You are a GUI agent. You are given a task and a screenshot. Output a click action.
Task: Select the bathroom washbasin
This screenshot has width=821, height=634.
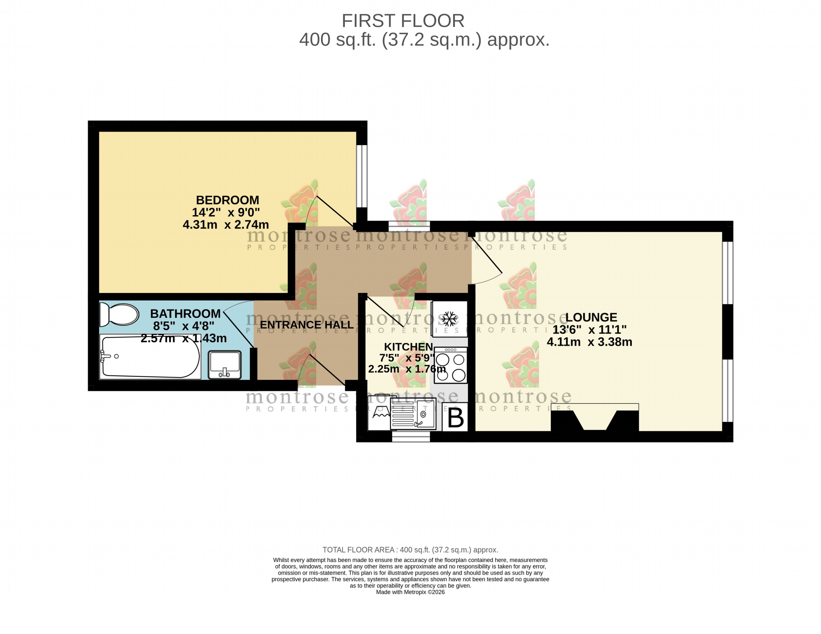[224, 364]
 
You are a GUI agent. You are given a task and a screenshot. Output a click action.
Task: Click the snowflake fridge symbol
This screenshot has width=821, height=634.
[449, 319]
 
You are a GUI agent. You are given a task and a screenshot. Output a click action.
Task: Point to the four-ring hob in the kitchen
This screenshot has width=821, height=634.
[450, 365]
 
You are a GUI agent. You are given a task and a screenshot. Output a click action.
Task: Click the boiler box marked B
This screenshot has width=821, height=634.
[455, 417]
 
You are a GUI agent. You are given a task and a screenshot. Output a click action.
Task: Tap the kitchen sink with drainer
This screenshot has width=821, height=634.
[413, 414]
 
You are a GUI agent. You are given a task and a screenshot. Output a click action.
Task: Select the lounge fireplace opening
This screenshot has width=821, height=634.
[595, 419]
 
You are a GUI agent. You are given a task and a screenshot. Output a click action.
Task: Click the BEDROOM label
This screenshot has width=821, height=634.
[228, 200]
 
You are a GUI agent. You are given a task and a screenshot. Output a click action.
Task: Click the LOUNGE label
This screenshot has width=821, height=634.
[591, 317]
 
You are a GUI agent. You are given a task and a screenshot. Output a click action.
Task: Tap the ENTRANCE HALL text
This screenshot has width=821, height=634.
[306, 325]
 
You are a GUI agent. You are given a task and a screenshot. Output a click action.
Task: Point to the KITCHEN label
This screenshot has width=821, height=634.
[408, 347]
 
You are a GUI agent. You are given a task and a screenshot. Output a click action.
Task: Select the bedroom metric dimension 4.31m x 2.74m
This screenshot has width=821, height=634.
[226, 225]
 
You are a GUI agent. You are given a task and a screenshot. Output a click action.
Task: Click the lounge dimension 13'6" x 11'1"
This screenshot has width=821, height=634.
[589, 330]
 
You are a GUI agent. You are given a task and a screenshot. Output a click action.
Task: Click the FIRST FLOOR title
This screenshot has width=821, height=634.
[402, 21]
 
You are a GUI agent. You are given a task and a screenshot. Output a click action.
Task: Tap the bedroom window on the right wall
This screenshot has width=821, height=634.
[362, 176]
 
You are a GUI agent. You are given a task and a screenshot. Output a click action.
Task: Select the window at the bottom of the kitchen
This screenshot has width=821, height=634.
[411, 437]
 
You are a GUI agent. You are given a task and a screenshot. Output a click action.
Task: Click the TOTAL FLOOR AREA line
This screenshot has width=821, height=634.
[410, 550]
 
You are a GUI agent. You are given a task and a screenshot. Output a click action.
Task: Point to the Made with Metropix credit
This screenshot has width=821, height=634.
[410, 592]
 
